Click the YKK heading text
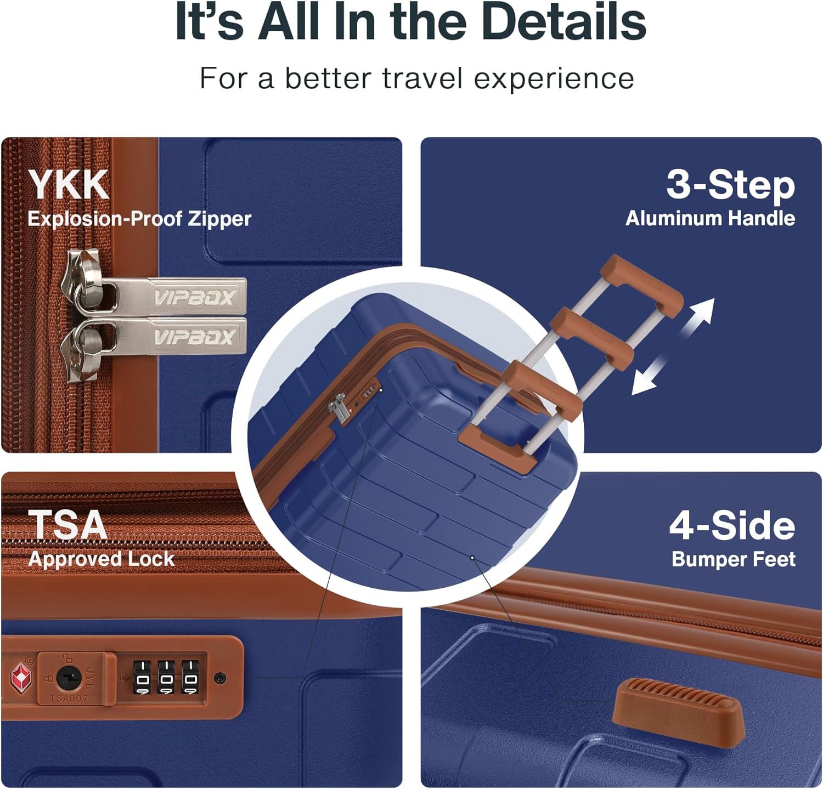69,185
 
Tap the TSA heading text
67,525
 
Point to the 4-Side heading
732,526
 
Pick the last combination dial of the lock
190,677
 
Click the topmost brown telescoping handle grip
642,285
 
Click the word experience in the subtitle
554,78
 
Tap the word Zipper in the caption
220,219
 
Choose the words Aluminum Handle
711,218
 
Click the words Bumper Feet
734,559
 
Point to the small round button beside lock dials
220,678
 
